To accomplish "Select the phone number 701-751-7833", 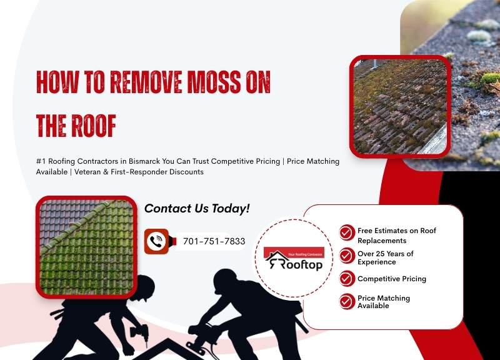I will (x=213, y=241).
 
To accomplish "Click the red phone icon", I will (x=157, y=241).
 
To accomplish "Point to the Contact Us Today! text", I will (x=197, y=208).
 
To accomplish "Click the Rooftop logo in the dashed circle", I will (x=293, y=259).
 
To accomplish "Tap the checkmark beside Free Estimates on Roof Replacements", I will (x=347, y=233).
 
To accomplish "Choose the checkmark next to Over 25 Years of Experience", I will (x=347, y=256).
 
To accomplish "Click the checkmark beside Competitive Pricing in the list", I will (x=347, y=279).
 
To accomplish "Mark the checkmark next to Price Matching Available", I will (x=347, y=301).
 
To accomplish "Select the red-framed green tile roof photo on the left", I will (x=86, y=245).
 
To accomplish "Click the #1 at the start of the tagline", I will (x=41, y=161).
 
